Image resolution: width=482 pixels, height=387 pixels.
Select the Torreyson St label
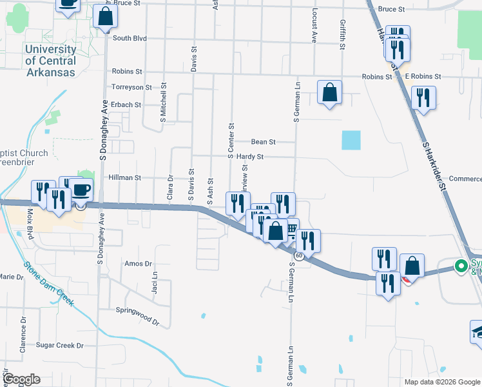pos(131,87)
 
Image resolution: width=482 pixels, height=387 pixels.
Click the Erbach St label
pos(126,104)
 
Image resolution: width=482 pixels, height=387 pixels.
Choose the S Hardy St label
pos(246,157)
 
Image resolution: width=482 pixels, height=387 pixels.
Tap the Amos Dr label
pos(138,264)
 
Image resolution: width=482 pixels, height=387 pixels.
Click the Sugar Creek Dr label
pos(60,346)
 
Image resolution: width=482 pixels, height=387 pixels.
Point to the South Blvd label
pos(130,38)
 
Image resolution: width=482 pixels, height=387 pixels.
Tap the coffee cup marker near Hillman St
pos(81,190)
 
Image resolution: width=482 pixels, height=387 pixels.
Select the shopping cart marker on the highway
pos(289,229)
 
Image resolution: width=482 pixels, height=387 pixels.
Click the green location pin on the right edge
pos(461,266)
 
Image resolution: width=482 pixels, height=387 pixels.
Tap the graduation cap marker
pos(477,332)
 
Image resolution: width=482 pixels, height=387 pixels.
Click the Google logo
pos(21,380)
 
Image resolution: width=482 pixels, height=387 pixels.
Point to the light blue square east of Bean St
pos(351,140)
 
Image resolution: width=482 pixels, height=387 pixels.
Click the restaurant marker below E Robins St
pos(423,98)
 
